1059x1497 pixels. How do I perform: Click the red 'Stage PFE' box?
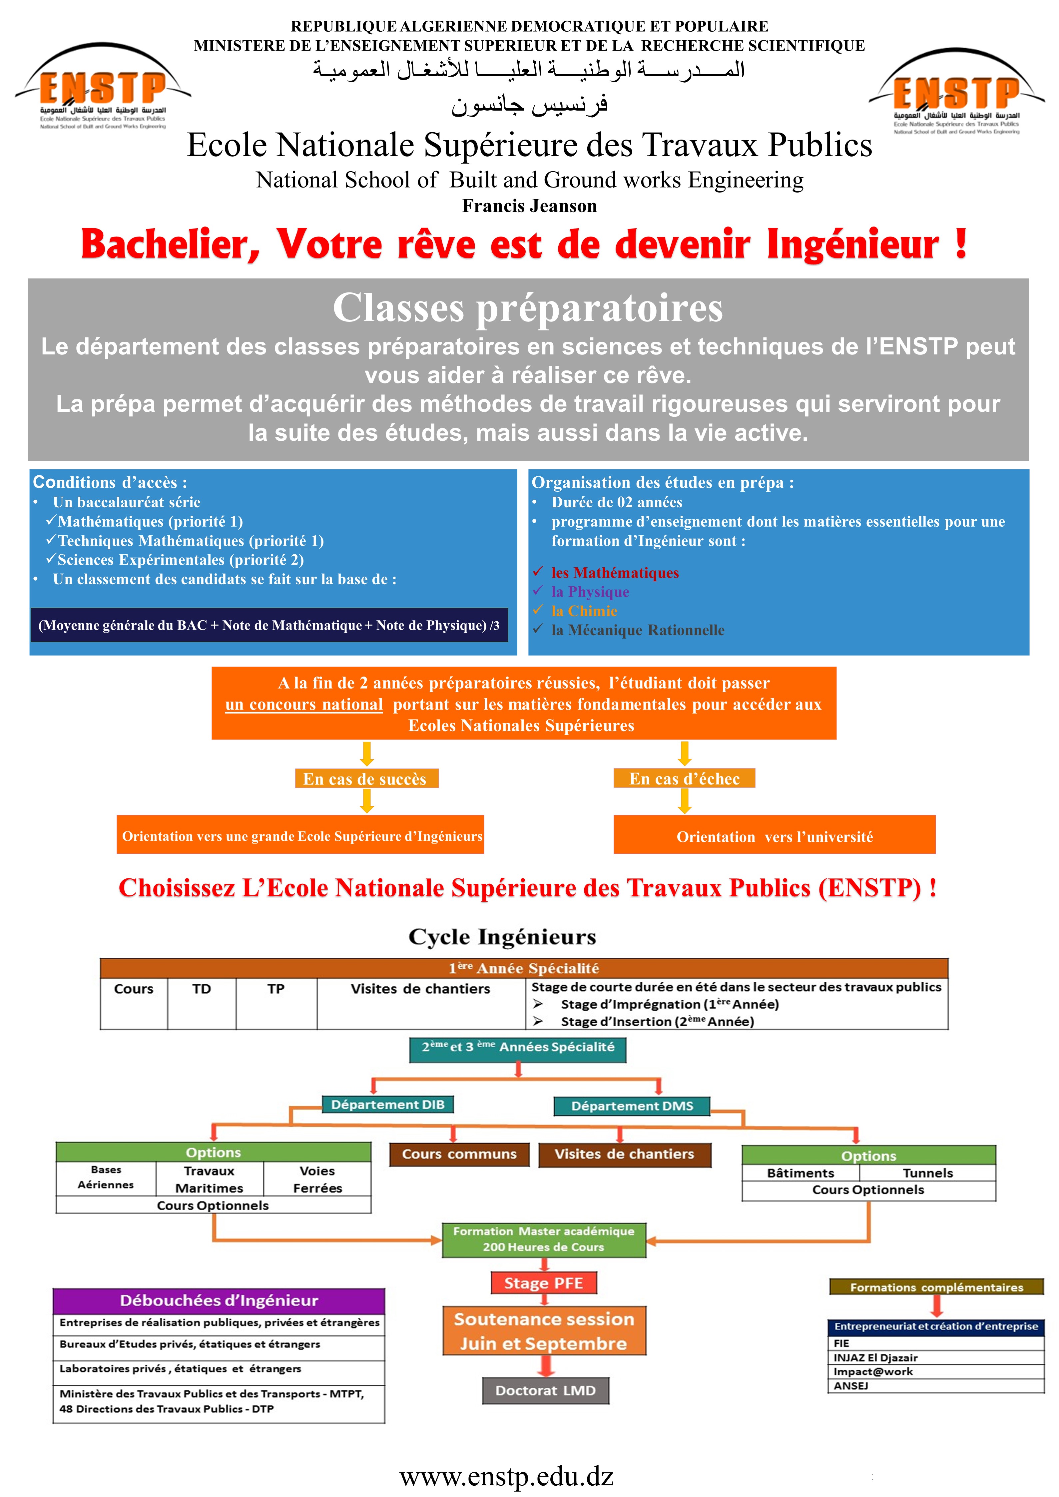click(x=543, y=1282)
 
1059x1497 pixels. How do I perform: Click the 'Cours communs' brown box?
click(x=459, y=1154)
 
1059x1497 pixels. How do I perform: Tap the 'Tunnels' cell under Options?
click(x=927, y=1173)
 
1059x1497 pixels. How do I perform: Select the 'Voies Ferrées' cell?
click(x=317, y=1180)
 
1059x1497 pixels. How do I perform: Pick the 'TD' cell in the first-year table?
click(x=202, y=989)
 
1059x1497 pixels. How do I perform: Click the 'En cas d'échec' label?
click(x=684, y=778)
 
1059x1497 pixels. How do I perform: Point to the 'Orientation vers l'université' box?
click(x=774, y=836)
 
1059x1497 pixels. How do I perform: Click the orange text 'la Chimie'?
click(x=584, y=611)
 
